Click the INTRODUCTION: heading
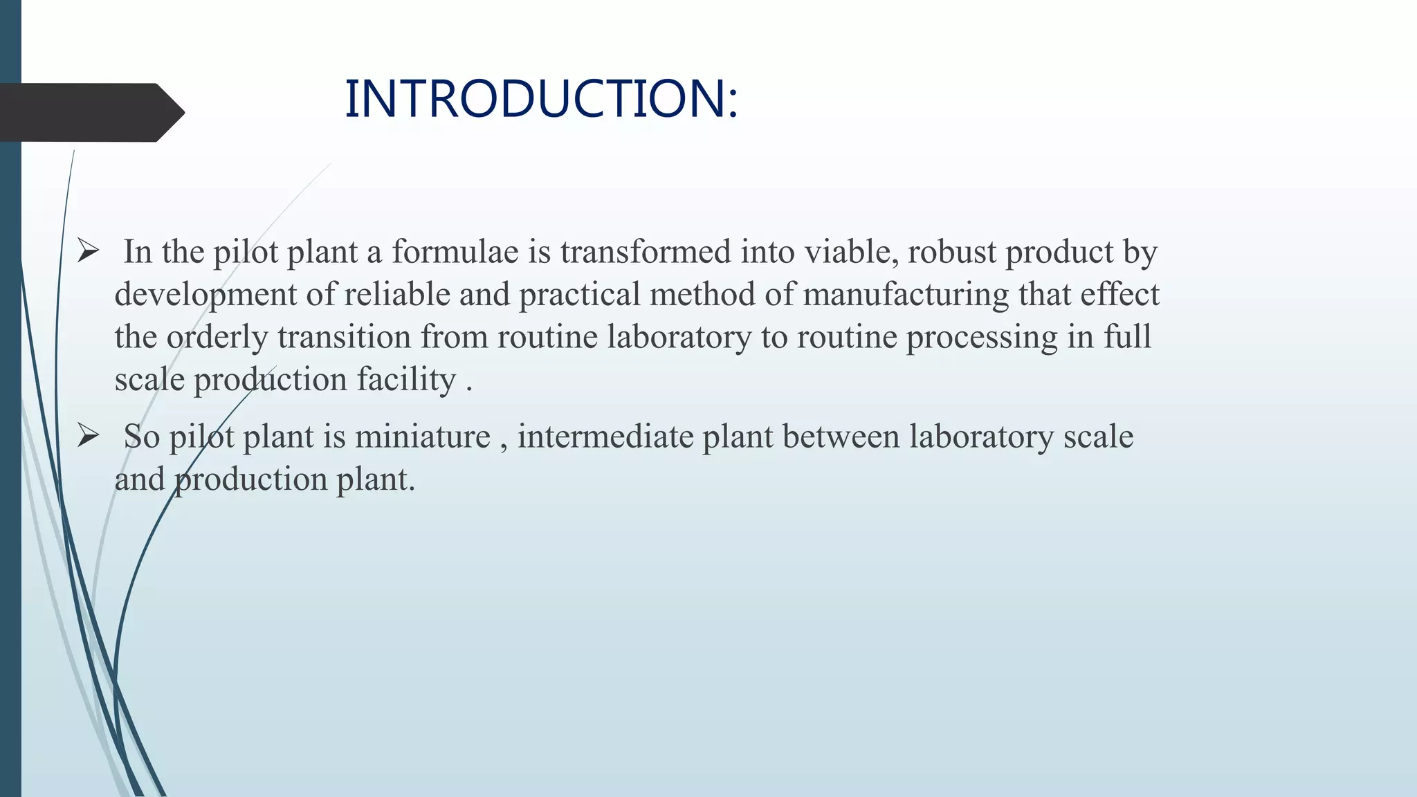click(541, 99)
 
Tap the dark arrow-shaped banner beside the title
click(90, 112)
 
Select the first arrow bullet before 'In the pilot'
click(89, 250)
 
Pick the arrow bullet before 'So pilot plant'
click(89, 436)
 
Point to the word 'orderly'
click(217, 338)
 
